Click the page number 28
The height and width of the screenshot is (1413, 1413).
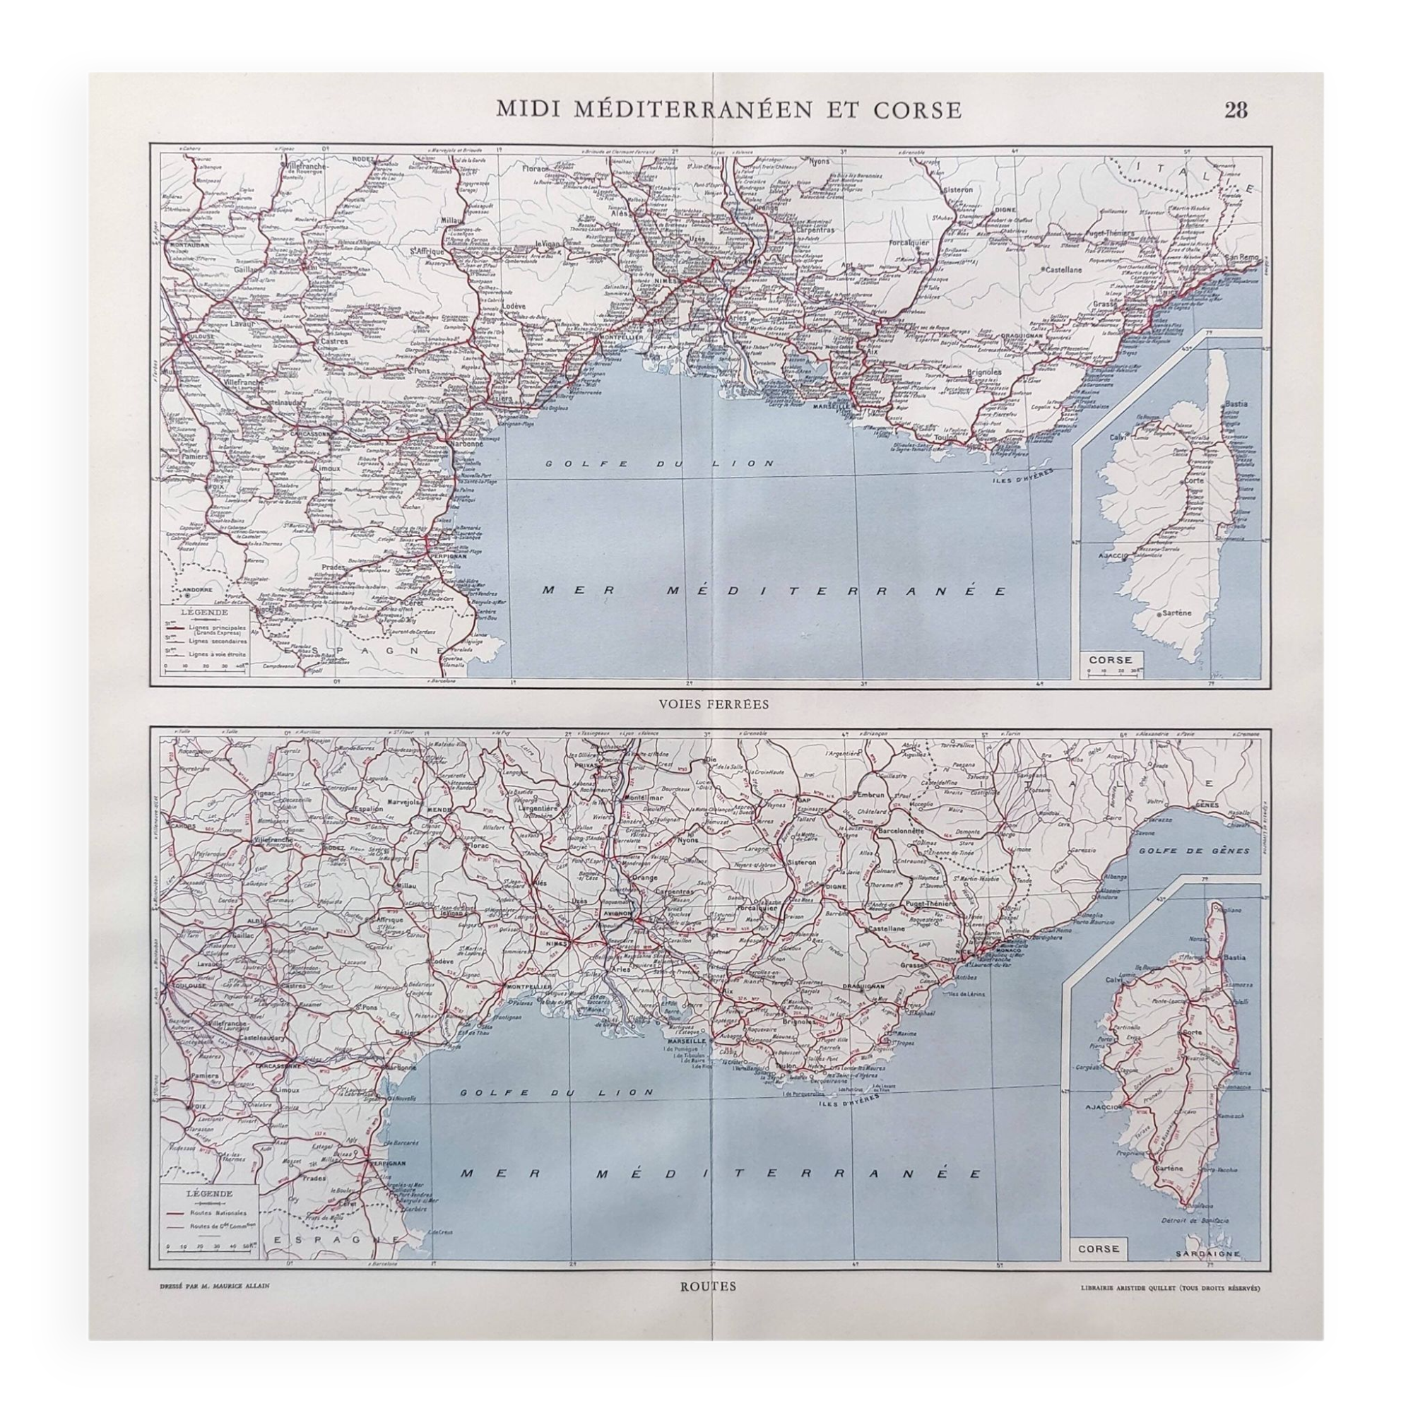pos(1235,110)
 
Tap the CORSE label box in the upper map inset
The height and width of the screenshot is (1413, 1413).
pos(1110,660)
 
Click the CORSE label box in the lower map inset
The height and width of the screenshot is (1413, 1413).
pos(1099,1248)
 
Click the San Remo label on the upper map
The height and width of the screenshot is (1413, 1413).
pos(1242,257)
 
